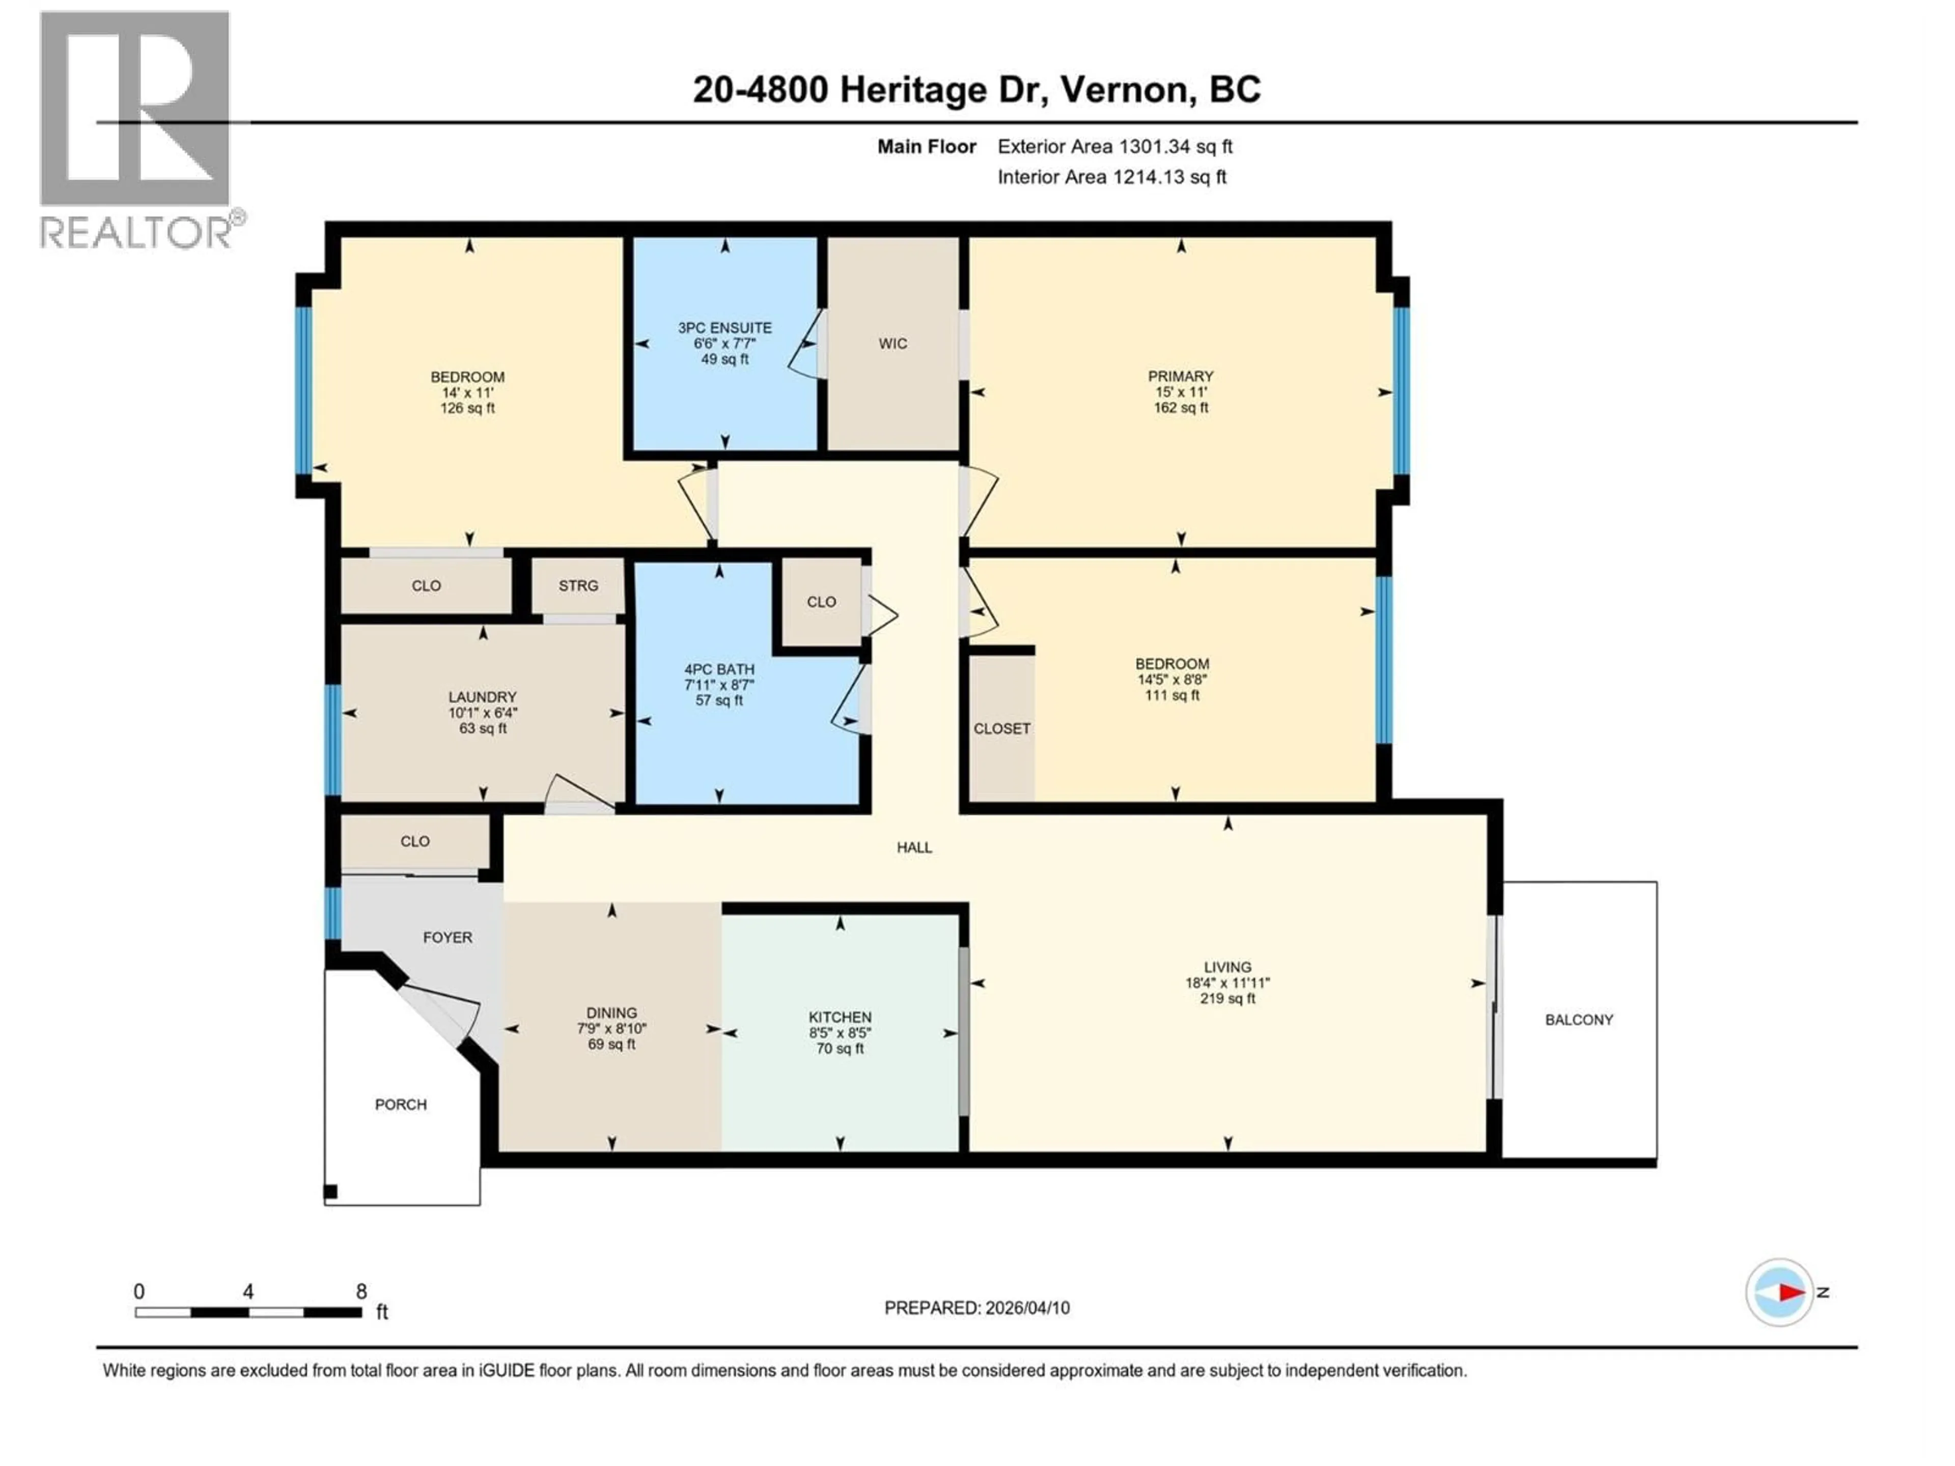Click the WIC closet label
point(892,344)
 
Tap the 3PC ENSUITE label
point(725,328)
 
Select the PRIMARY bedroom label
point(1181,377)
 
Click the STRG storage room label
point(578,586)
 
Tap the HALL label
point(914,848)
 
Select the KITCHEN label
point(840,1017)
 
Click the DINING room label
point(611,1012)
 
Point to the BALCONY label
point(1578,1020)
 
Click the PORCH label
point(400,1105)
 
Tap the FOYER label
point(447,938)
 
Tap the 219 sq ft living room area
point(1227,999)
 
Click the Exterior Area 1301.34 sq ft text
point(1114,147)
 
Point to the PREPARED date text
point(976,1308)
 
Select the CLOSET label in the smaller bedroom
point(1001,729)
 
